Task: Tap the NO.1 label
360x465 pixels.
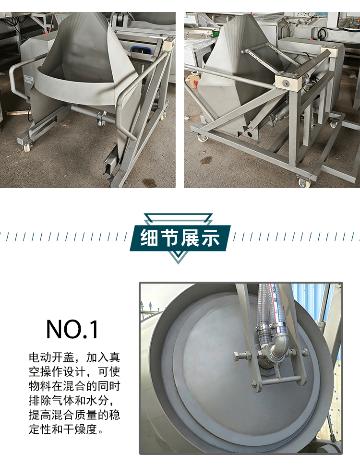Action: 72,329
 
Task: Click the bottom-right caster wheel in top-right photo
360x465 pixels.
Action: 304,182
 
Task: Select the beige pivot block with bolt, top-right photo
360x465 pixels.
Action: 287,83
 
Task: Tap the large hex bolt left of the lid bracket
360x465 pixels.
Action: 240,356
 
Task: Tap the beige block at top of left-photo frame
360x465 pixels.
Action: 168,45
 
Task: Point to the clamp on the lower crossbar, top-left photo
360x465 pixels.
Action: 101,117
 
